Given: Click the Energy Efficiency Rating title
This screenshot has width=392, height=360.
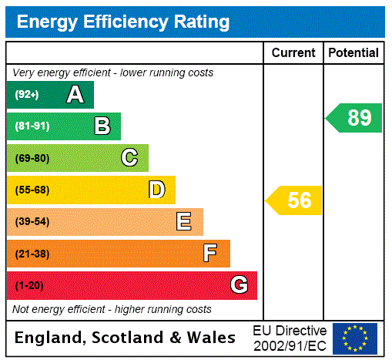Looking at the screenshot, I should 123,22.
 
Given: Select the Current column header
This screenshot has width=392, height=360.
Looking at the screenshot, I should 293,53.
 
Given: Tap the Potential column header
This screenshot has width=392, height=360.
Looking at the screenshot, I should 353,53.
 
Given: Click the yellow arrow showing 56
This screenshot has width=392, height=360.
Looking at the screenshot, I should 295,200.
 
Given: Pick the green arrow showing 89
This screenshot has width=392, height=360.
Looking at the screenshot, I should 354,118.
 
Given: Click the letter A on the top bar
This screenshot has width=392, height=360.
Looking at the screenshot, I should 75,95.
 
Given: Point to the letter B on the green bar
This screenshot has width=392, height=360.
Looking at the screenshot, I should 102,126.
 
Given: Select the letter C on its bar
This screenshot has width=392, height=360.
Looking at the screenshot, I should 129,158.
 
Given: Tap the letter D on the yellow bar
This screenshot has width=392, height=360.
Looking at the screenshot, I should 156,190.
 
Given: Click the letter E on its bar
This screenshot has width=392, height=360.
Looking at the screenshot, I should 184,222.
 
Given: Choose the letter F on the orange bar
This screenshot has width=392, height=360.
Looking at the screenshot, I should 210,254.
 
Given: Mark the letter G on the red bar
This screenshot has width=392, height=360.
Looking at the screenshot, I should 239,285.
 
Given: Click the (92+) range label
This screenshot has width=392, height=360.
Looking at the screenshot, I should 27,95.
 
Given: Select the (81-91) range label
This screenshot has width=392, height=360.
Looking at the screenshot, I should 32,126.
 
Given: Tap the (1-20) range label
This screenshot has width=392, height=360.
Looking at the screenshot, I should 29,286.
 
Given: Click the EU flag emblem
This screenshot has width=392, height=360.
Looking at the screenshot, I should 355,338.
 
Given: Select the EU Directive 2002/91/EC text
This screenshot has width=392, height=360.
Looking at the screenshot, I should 290,338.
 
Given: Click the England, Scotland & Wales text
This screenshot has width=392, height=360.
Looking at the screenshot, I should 126,338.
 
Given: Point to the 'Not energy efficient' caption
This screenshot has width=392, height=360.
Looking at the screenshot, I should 112,309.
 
